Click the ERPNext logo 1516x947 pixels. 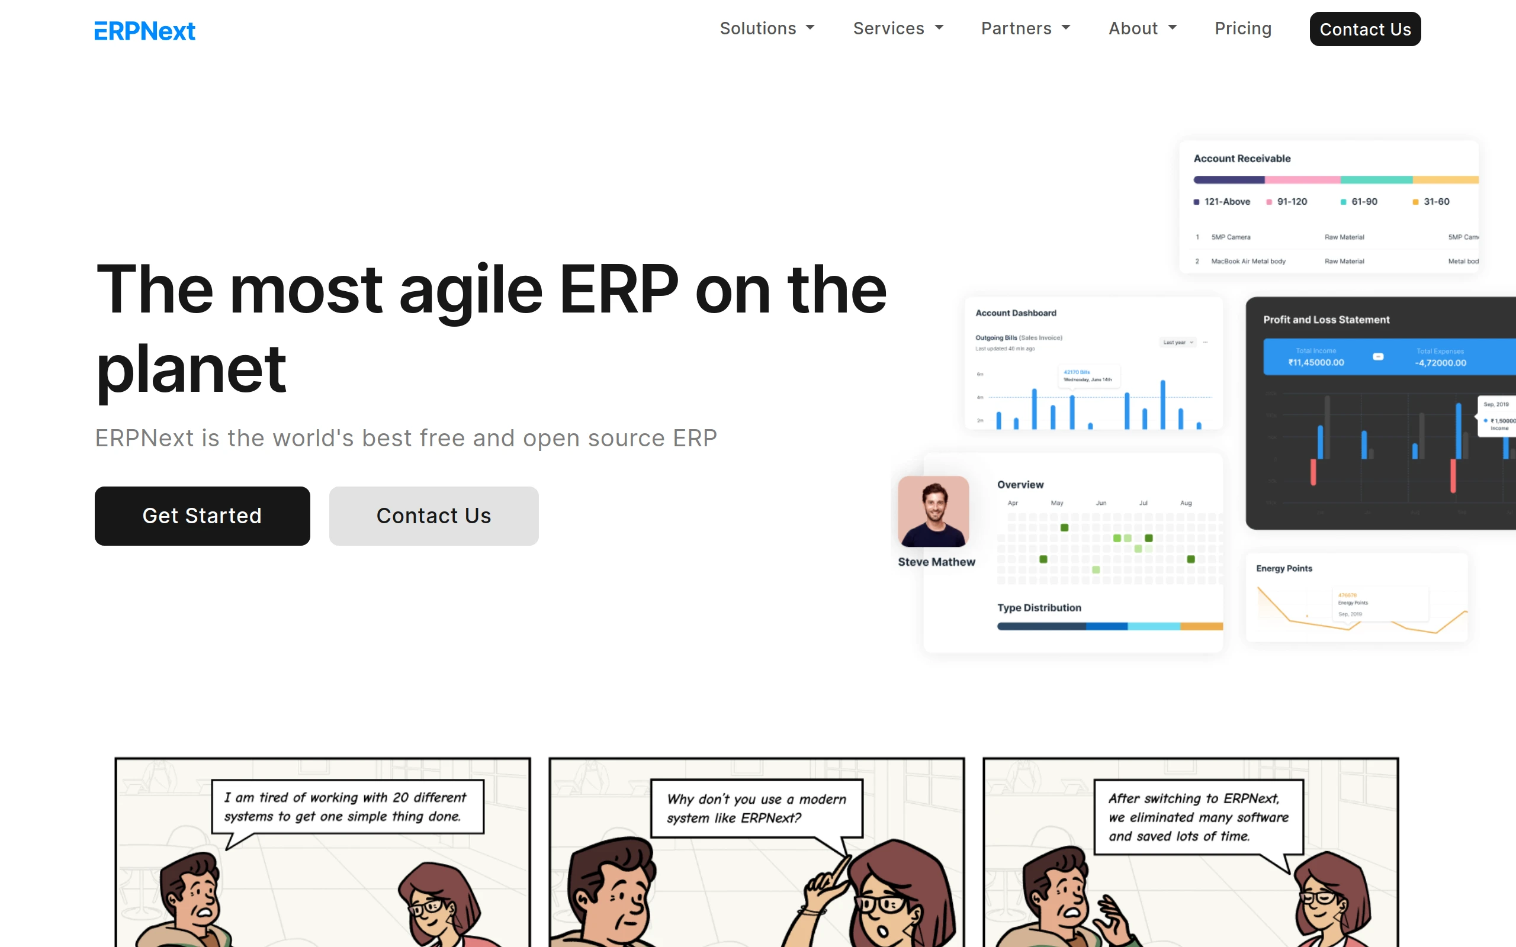click(144, 31)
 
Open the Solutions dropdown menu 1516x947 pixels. click(767, 29)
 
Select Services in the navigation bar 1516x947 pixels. click(898, 29)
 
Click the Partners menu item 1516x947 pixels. click(1026, 29)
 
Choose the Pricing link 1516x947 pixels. click(1243, 29)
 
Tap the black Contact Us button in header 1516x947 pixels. click(1364, 30)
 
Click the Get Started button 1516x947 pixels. click(202, 516)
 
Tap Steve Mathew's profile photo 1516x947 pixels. click(933, 511)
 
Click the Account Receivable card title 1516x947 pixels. click(1242, 159)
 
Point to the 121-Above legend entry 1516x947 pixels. click(1222, 202)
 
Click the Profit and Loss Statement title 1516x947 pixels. click(1326, 320)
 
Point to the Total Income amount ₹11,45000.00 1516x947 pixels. click(1315, 363)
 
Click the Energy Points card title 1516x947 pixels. click(1284, 568)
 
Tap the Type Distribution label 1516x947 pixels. click(1039, 607)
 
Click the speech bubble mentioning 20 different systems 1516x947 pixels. click(347, 807)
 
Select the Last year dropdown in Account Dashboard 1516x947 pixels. click(1178, 343)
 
